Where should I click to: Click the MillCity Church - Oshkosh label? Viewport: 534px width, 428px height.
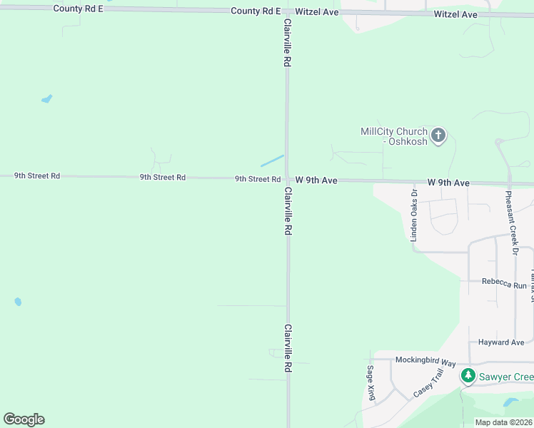point(394,136)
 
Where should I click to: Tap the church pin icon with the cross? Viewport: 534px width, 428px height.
point(438,135)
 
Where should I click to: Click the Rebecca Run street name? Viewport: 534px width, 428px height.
point(504,283)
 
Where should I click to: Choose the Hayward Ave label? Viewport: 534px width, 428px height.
point(501,342)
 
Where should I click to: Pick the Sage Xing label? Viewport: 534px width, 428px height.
point(371,383)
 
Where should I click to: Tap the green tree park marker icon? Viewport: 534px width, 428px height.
point(468,376)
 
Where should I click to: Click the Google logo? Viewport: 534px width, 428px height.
point(24,419)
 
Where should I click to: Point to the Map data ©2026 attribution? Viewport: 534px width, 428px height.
point(503,422)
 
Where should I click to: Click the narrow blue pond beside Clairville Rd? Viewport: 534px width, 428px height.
point(272,161)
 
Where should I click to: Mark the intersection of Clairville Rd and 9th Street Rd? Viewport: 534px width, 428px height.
point(288,179)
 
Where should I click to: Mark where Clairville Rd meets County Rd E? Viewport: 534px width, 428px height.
point(287,12)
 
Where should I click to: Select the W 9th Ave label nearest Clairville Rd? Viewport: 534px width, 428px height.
point(316,180)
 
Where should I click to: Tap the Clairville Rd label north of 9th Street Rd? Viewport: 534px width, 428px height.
point(288,43)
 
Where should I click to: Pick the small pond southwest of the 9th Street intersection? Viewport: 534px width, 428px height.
point(18,302)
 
